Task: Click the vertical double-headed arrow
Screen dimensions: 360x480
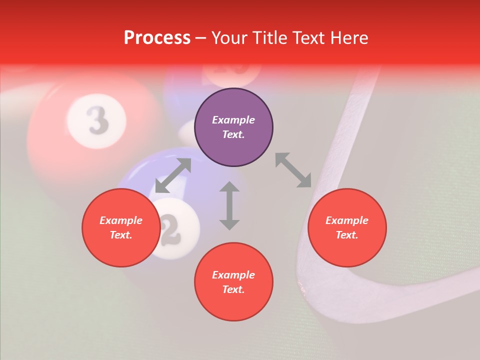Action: pyautogui.click(x=229, y=205)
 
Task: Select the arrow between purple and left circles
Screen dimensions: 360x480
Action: pyautogui.click(x=173, y=175)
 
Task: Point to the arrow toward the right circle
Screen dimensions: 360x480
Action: pyautogui.click(x=293, y=170)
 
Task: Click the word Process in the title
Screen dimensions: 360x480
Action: pyautogui.click(x=157, y=37)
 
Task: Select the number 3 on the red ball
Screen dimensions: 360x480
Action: pyautogui.click(x=97, y=120)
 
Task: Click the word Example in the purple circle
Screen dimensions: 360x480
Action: pyautogui.click(x=233, y=120)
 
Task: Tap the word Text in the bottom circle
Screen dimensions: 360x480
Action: pyautogui.click(x=233, y=289)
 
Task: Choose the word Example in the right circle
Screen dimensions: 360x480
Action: pyautogui.click(x=347, y=220)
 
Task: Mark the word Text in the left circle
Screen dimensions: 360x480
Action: pyautogui.click(x=121, y=235)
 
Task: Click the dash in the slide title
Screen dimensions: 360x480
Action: pyautogui.click(x=200, y=38)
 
